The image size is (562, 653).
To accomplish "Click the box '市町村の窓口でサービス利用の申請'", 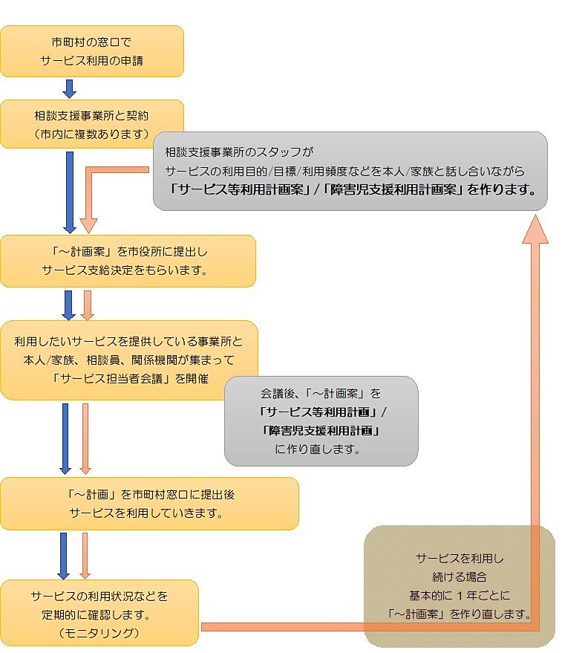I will click(91, 51).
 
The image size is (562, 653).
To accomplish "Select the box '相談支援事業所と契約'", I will click(91, 123).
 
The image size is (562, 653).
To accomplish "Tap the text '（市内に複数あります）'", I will click(91, 134).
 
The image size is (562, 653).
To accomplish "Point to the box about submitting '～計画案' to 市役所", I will click(128, 261).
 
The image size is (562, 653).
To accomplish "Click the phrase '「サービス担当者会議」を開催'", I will click(130, 378).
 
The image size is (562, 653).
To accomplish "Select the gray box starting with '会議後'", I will click(321, 420).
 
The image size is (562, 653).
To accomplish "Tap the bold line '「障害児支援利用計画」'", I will click(321, 430).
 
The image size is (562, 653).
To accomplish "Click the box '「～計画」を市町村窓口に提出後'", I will click(149, 503).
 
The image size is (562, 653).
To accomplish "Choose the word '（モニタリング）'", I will click(99, 632).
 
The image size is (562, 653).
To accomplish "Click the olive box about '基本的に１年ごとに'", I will click(460, 586).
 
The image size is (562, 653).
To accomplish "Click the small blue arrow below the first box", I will click(70, 88).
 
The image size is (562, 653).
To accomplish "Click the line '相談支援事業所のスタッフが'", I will click(240, 152).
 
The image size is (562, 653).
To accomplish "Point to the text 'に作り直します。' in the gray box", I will click(321, 449).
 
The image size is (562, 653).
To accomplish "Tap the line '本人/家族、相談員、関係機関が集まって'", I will click(128, 360).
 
